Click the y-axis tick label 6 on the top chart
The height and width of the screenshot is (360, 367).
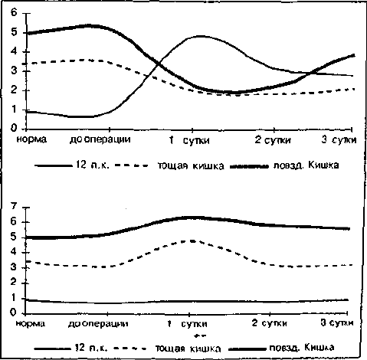click(14, 12)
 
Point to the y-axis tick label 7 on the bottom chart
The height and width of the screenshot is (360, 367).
click(13, 206)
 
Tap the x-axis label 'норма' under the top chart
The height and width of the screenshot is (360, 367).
click(31, 139)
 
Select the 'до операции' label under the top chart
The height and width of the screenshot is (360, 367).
click(100, 139)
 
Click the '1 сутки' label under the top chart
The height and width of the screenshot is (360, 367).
click(189, 140)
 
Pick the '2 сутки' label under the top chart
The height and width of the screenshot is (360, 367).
click(273, 140)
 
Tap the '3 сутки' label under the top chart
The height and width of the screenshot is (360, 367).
click(339, 139)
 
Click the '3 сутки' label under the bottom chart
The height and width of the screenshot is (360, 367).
click(337, 323)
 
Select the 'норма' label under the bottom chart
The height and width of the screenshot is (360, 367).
click(31, 323)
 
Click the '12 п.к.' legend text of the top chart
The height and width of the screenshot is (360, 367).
click(93, 165)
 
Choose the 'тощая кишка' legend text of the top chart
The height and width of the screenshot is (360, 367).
click(191, 166)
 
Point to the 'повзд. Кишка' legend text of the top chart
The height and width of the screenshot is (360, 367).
click(306, 165)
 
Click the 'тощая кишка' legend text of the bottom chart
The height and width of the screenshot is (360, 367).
click(188, 349)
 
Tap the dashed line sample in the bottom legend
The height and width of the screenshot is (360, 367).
click(130, 349)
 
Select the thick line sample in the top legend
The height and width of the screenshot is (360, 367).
click(249, 167)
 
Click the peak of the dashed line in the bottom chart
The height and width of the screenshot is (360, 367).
click(192, 241)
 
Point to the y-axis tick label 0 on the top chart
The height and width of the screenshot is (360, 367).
click(14, 128)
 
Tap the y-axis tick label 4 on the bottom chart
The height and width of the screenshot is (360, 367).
click(13, 252)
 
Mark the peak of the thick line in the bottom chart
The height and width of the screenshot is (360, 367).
click(193, 218)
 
